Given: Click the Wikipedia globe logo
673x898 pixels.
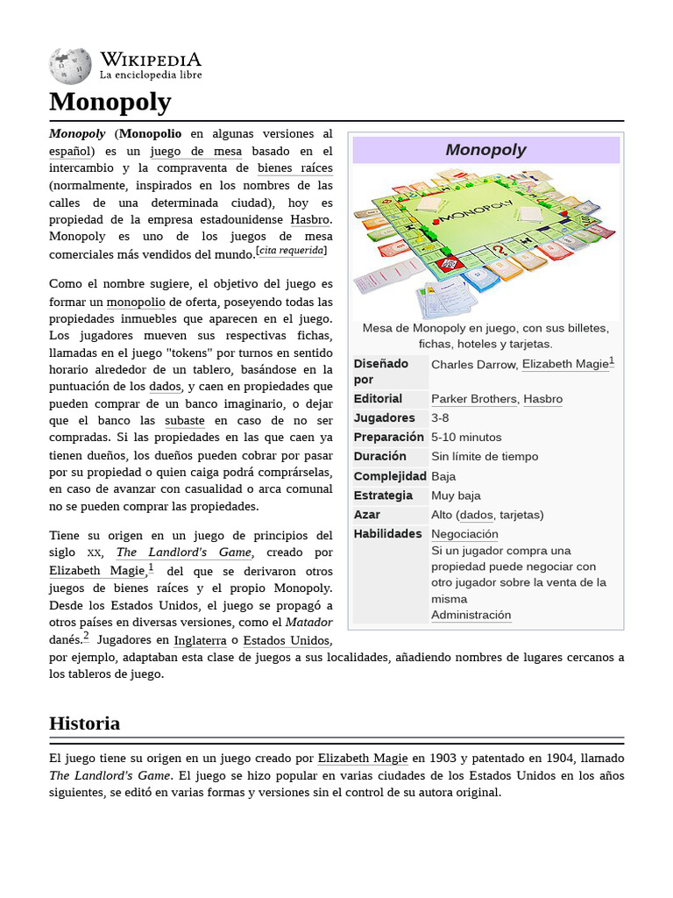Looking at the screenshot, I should point(70,66).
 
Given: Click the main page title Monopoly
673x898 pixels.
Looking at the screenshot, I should point(110,102).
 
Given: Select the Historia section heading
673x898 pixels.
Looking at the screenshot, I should point(84,723).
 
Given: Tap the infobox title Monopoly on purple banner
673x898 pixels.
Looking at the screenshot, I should point(485,150).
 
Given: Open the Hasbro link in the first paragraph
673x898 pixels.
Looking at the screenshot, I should point(310,219).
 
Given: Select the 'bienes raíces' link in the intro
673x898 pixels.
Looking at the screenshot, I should point(295,167).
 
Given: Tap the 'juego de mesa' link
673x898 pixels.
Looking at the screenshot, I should point(202,151).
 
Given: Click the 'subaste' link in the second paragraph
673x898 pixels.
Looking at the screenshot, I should point(184,420).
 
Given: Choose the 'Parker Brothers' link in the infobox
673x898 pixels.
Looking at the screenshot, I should point(473,399).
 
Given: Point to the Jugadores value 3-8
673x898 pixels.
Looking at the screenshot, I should point(440,418).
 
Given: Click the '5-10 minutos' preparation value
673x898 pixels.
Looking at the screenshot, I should point(466,438).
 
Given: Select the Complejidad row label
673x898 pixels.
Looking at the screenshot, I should point(389,476).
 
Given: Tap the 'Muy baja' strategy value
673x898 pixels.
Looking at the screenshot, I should point(456,495).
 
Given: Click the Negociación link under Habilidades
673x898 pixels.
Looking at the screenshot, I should point(464,534).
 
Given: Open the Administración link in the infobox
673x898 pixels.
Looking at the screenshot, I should point(471,615).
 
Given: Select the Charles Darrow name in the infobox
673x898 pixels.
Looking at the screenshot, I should point(472,364).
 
